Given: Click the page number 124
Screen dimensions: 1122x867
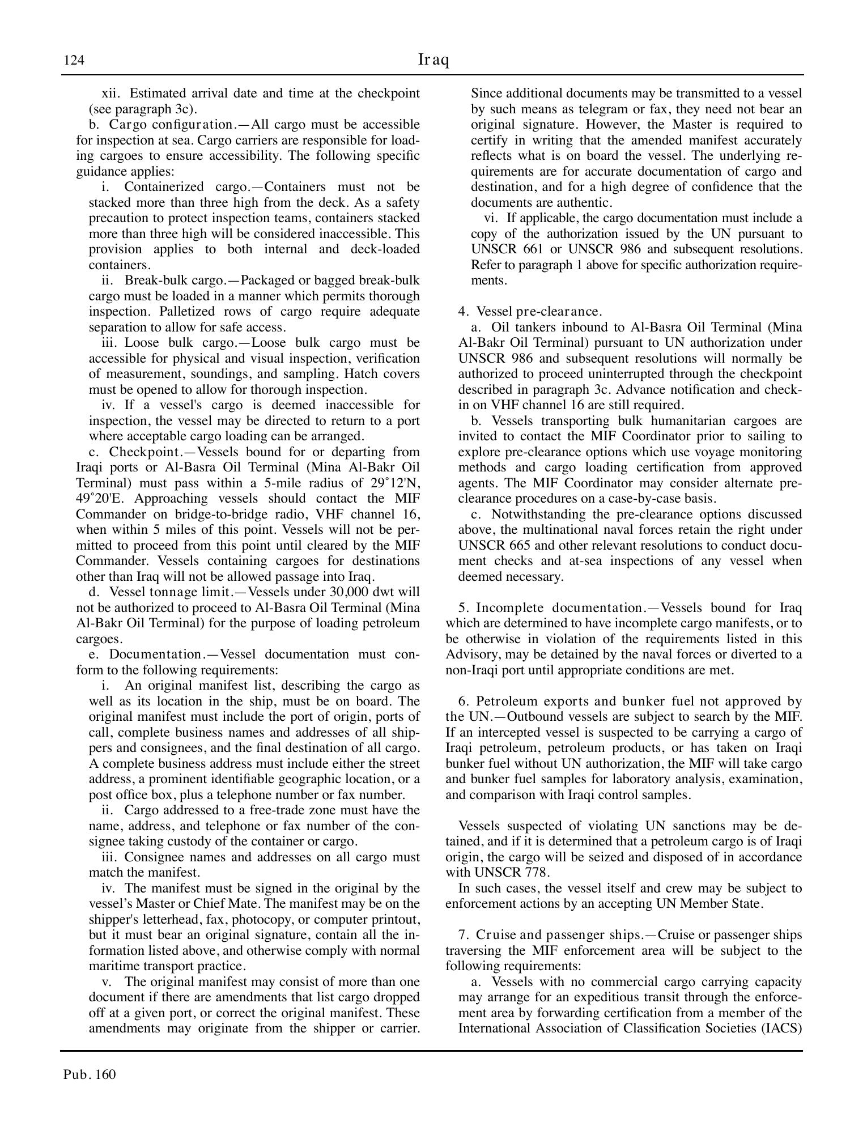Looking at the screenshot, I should tap(74, 61).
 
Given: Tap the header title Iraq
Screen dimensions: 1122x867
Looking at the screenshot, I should tap(433, 59).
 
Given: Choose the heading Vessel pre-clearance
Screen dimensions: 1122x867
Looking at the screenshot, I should tap(539, 312).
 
